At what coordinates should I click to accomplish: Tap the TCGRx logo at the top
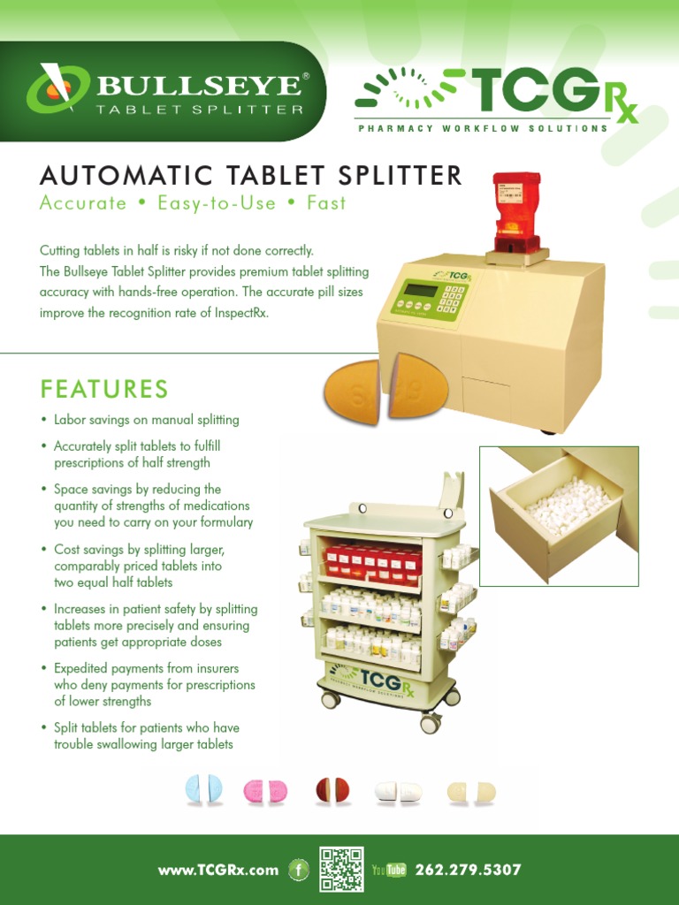495,97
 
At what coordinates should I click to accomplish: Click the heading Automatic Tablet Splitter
251,175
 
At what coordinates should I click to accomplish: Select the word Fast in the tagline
326,203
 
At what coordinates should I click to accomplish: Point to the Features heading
104,389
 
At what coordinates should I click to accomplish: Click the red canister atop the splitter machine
516,212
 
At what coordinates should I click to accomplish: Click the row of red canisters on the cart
371,561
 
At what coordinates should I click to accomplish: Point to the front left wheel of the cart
331,699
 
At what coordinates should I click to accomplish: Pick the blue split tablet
203,790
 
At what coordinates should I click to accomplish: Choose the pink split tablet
265,791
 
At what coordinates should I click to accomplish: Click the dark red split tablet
332,790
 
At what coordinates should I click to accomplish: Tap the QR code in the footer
341,870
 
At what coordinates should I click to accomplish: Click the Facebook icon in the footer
299,871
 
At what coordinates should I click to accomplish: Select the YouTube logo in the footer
389,871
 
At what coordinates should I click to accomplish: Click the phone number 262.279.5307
468,871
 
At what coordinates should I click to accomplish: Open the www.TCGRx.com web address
217,871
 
